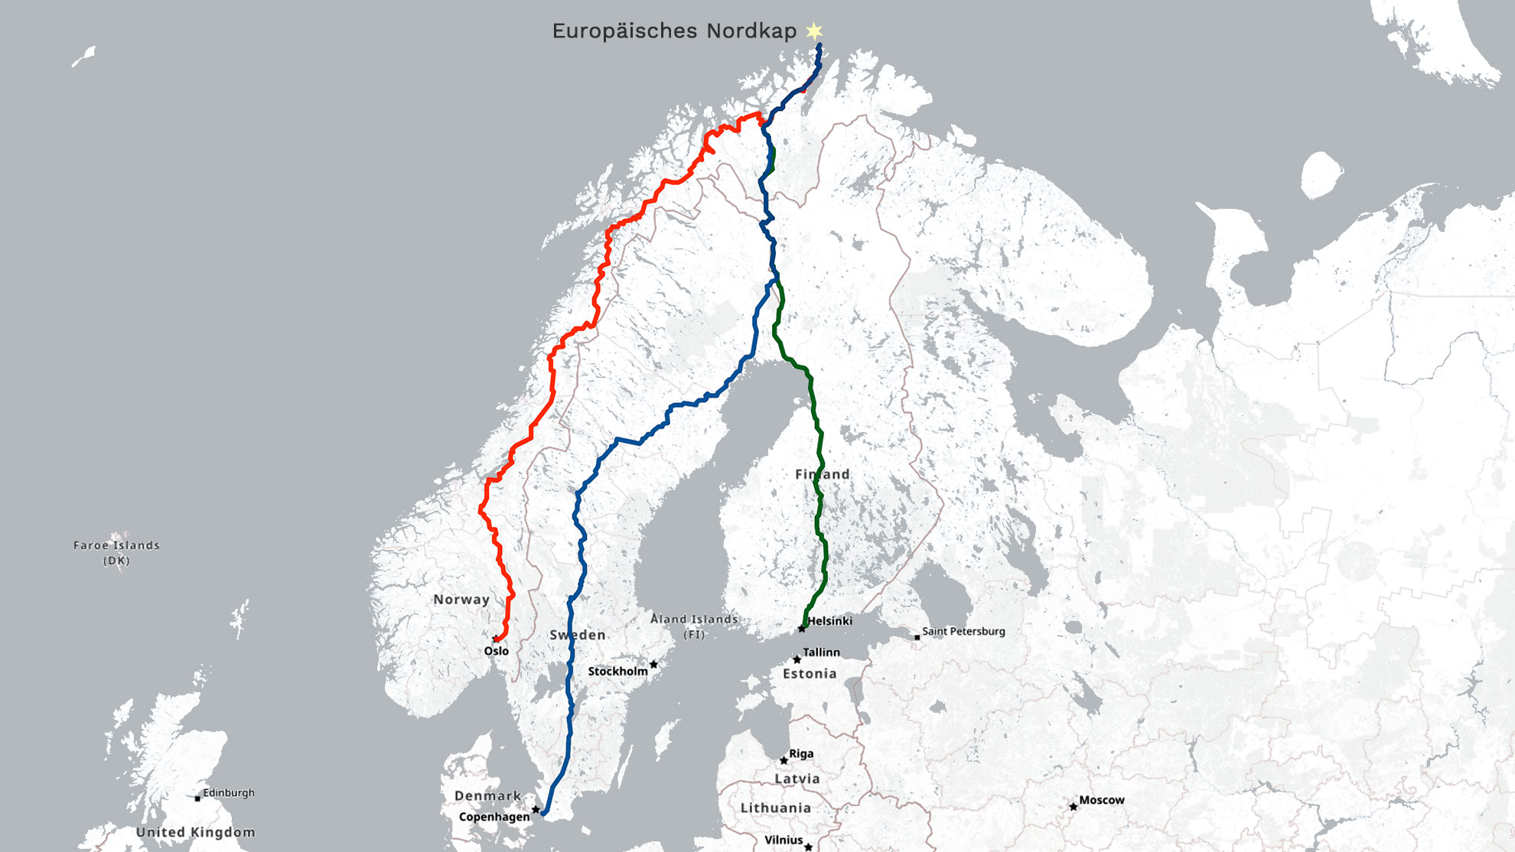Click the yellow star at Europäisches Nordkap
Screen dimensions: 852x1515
[x=814, y=31]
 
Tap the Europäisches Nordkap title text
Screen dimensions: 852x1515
[x=674, y=31]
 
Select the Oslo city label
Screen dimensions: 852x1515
[x=496, y=651]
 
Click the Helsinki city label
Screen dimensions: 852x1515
[x=829, y=621]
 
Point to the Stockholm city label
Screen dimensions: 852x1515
[x=617, y=672]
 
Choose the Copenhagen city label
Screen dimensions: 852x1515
[x=494, y=817]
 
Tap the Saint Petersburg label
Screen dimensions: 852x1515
[x=963, y=632]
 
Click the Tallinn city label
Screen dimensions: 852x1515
[x=821, y=652]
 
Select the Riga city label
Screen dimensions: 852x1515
[x=801, y=753]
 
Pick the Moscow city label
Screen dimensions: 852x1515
[x=1102, y=800]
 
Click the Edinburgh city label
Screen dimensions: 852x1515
[x=229, y=793]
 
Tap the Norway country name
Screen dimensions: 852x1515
[x=461, y=600]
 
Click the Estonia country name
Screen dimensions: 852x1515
[x=810, y=674]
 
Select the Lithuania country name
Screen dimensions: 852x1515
[x=776, y=808]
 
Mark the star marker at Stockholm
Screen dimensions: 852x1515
[x=653, y=664]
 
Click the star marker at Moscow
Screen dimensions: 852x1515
[x=1074, y=806]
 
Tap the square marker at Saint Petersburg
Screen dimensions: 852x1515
[x=917, y=637]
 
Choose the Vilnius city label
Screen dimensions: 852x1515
[x=784, y=840]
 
